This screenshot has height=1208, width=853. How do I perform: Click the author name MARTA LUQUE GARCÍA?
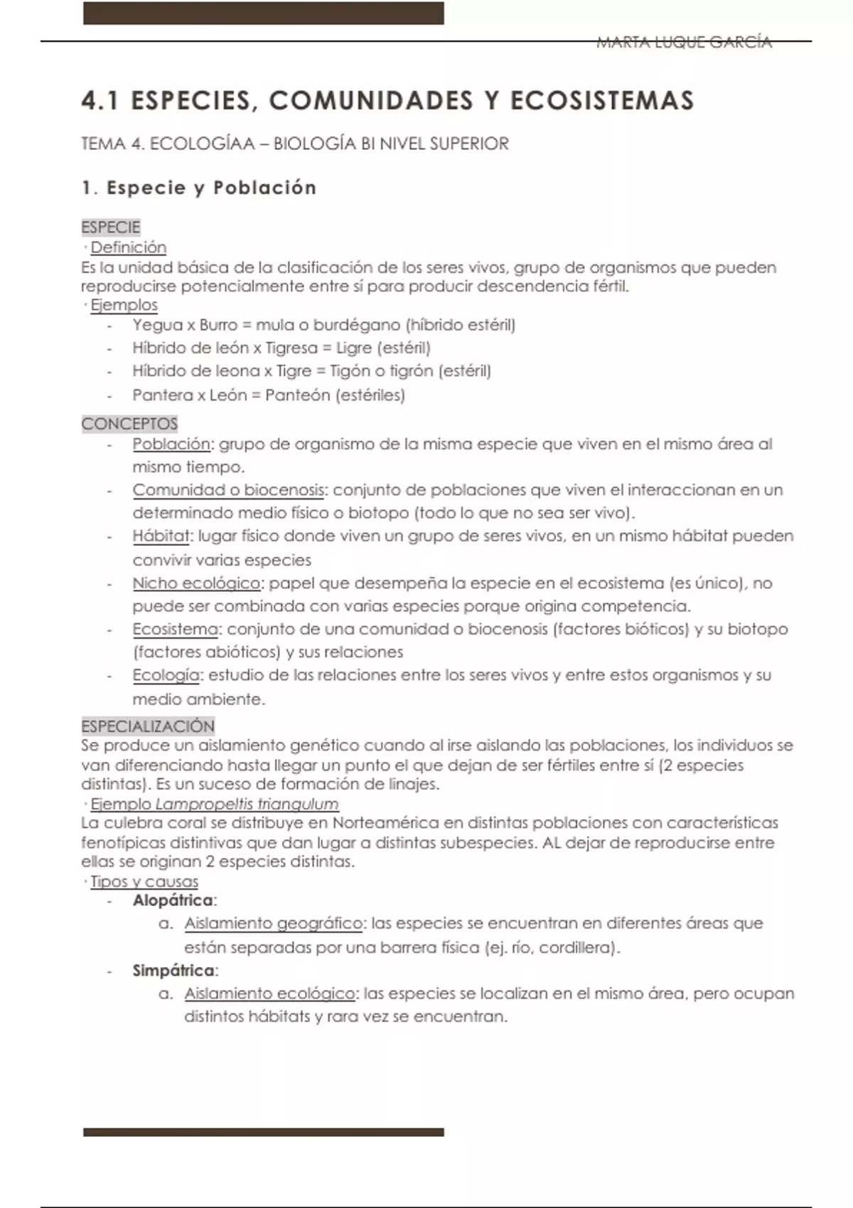[x=684, y=43]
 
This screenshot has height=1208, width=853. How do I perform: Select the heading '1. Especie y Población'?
[x=199, y=188]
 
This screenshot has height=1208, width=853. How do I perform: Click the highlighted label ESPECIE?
[x=111, y=227]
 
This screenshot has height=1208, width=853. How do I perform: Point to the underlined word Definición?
[x=129, y=247]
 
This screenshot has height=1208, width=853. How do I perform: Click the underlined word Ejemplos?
[x=124, y=305]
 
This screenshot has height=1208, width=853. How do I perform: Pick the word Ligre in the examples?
[x=353, y=348]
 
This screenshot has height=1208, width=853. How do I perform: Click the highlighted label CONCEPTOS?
[x=129, y=424]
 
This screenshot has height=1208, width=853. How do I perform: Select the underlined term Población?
[x=171, y=444]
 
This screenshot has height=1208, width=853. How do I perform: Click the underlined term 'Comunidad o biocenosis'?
[x=227, y=490]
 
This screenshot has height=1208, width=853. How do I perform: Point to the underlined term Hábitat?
[x=161, y=536]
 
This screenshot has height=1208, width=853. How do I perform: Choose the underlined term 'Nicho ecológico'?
[x=196, y=583]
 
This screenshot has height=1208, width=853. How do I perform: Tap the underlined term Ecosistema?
[x=175, y=630]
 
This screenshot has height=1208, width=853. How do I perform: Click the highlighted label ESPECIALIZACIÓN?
[x=148, y=726]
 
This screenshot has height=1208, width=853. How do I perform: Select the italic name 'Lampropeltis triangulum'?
[x=247, y=804]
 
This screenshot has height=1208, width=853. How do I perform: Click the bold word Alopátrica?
[x=173, y=900]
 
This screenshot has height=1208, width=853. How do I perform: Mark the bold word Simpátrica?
[x=173, y=970]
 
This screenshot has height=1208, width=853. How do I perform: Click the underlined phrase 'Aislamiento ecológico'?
[x=269, y=993]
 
